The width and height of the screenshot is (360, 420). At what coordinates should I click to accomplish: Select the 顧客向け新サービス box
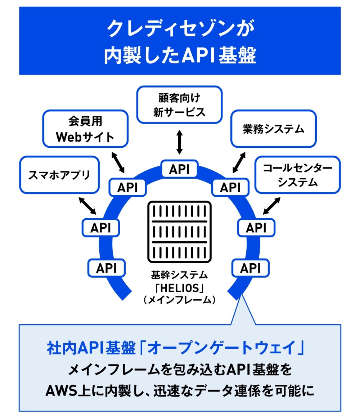(179, 104)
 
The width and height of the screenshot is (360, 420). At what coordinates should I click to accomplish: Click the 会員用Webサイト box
(85, 129)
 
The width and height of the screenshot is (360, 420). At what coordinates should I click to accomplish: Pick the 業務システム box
(273, 129)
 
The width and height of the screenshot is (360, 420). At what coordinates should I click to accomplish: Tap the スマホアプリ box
(60, 174)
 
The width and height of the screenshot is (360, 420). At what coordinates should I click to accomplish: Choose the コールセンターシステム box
(297, 174)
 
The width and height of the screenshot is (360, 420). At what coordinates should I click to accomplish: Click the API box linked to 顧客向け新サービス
(179, 169)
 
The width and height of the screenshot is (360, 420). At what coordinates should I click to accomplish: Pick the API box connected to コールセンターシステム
(256, 228)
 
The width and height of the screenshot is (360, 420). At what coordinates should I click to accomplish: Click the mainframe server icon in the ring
(179, 232)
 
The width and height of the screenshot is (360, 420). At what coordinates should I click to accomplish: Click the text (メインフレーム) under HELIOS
(179, 299)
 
